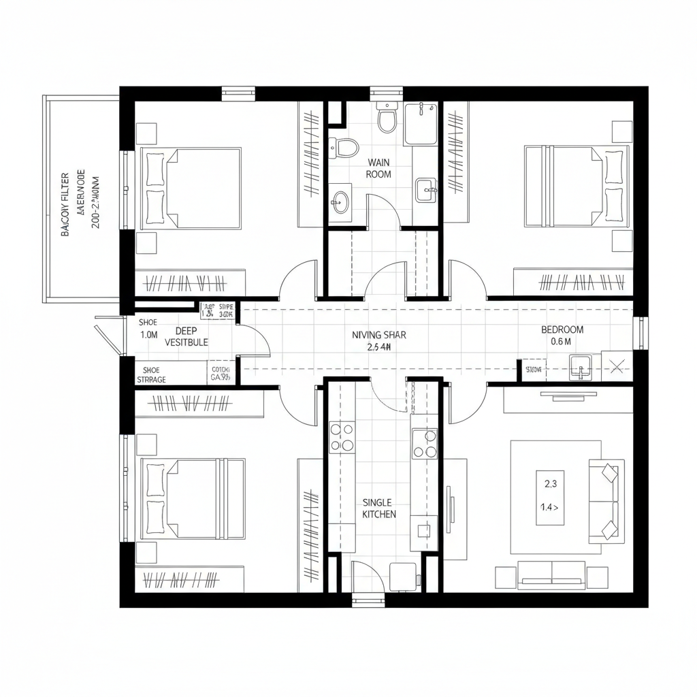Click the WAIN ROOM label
(378, 168)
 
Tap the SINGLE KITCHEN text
(379, 508)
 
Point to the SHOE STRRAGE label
(151, 374)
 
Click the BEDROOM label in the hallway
(562, 329)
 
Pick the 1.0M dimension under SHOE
(148, 335)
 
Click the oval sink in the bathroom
(340, 200)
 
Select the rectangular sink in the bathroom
(426, 189)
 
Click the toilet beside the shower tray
(387, 117)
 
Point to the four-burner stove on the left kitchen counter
(342, 437)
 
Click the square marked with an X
(617, 367)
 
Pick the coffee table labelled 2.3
(551, 497)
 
